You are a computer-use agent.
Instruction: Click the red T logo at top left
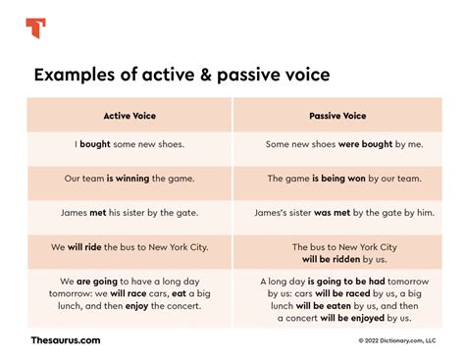(35, 26)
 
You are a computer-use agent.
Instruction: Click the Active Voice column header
(129, 115)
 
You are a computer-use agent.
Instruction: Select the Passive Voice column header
(336, 115)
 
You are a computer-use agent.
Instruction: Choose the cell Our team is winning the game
(129, 179)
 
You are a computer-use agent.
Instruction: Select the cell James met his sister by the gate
(129, 212)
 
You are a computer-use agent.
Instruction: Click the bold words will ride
(96, 246)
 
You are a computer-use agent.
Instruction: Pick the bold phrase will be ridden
(334, 260)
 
